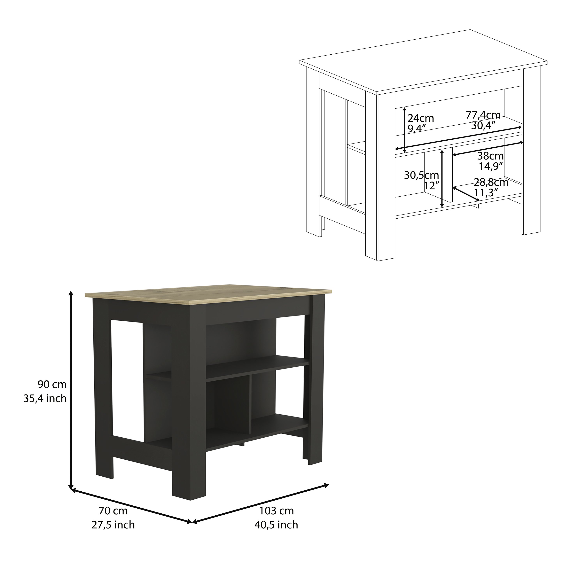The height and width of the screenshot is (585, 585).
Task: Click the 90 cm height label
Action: pos(52,385)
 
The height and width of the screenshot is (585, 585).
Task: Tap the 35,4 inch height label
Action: pos(45,398)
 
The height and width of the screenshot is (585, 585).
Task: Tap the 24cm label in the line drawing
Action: pos(421,118)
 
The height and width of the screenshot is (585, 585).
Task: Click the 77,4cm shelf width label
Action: pos(483,115)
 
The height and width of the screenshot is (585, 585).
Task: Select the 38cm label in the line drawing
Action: pos(491,156)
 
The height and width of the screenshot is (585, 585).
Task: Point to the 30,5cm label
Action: pos(421,175)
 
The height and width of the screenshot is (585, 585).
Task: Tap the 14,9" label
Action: pos(491,166)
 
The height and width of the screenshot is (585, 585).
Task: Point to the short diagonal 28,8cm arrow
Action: pos(466,194)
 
